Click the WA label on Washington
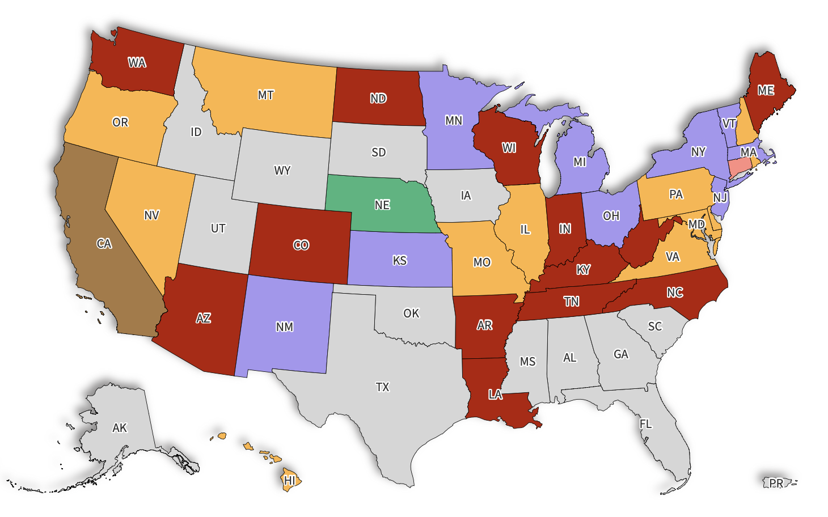click(137, 63)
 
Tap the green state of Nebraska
click(382, 205)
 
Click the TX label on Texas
click(382, 387)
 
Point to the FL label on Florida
click(645, 424)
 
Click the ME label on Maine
click(766, 91)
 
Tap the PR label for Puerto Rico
click(776, 483)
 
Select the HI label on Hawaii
click(289, 481)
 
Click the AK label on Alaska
click(120, 428)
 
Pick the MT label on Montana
click(265, 95)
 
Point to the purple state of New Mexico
click(285, 327)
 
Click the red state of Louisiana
click(495, 395)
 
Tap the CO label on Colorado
click(301, 245)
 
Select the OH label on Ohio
click(611, 216)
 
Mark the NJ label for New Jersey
click(720, 197)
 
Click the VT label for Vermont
click(729, 124)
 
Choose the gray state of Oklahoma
click(411, 313)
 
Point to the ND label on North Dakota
click(378, 99)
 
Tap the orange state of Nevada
click(151, 215)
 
